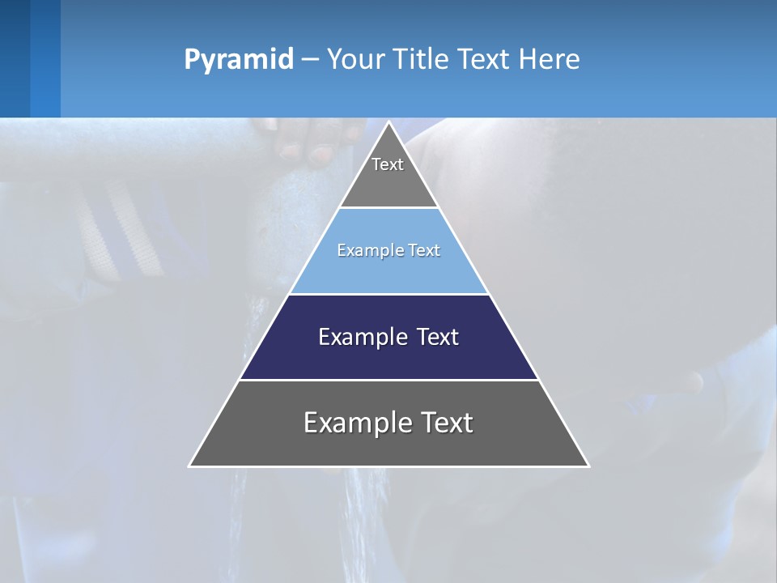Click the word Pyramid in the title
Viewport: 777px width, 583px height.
point(238,60)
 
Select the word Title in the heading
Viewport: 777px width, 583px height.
point(427,60)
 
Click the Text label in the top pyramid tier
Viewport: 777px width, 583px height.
point(388,164)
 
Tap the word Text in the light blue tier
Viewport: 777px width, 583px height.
point(425,251)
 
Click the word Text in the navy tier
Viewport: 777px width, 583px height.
point(439,337)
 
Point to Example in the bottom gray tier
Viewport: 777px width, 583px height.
point(354,423)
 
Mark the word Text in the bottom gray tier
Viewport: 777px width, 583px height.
point(446,423)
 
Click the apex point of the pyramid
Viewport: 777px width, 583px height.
point(388,123)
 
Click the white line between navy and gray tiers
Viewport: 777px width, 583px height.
point(388,380)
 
